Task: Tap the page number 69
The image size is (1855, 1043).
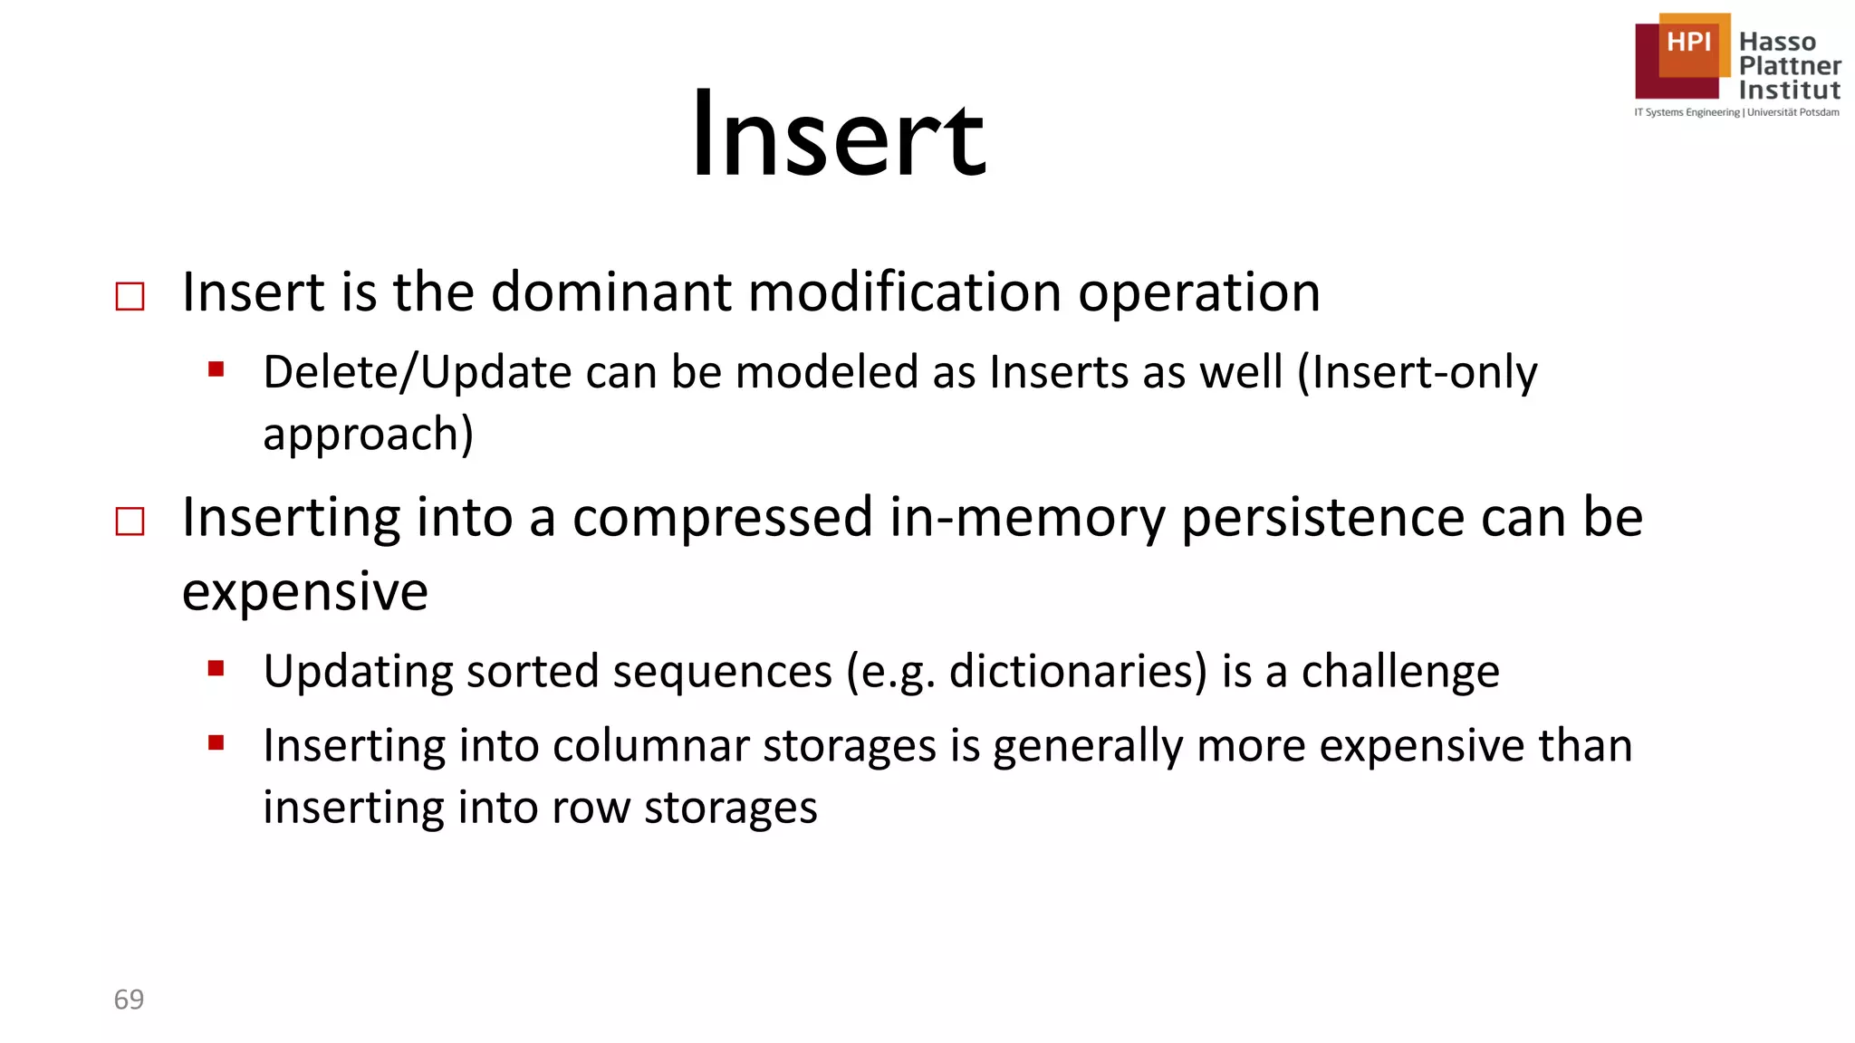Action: click(x=129, y=999)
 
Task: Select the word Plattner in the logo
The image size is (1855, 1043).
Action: click(x=1790, y=66)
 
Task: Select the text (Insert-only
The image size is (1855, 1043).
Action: click(x=1418, y=372)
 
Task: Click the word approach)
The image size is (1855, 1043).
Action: click(x=368, y=434)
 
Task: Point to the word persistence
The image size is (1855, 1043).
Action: click(x=1323, y=518)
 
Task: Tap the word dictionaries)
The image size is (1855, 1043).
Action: click(x=1078, y=672)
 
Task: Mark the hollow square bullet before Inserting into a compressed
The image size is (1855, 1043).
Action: click(x=130, y=521)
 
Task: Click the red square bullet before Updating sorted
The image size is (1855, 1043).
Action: click(x=216, y=669)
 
